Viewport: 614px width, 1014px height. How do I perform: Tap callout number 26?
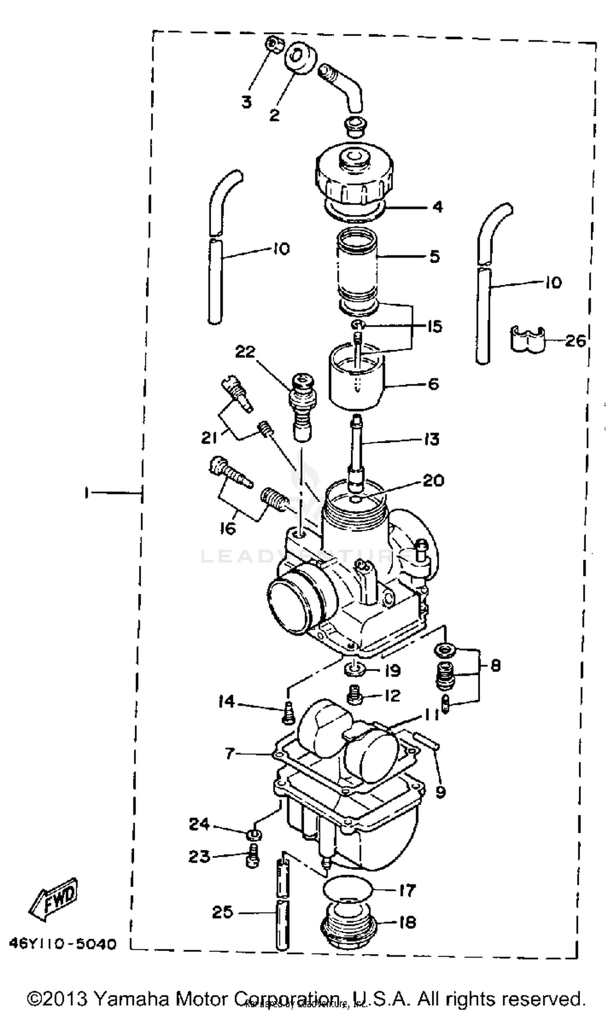tap(574, 340)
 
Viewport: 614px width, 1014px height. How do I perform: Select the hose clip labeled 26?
tap(527, 340)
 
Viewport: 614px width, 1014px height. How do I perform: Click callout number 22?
tap(245, 352)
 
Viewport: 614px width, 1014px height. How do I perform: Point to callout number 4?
tap(438, 207)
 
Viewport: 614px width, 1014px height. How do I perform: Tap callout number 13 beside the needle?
tap(431, 439)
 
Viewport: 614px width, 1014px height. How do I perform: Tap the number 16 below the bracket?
tap(228, 527)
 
